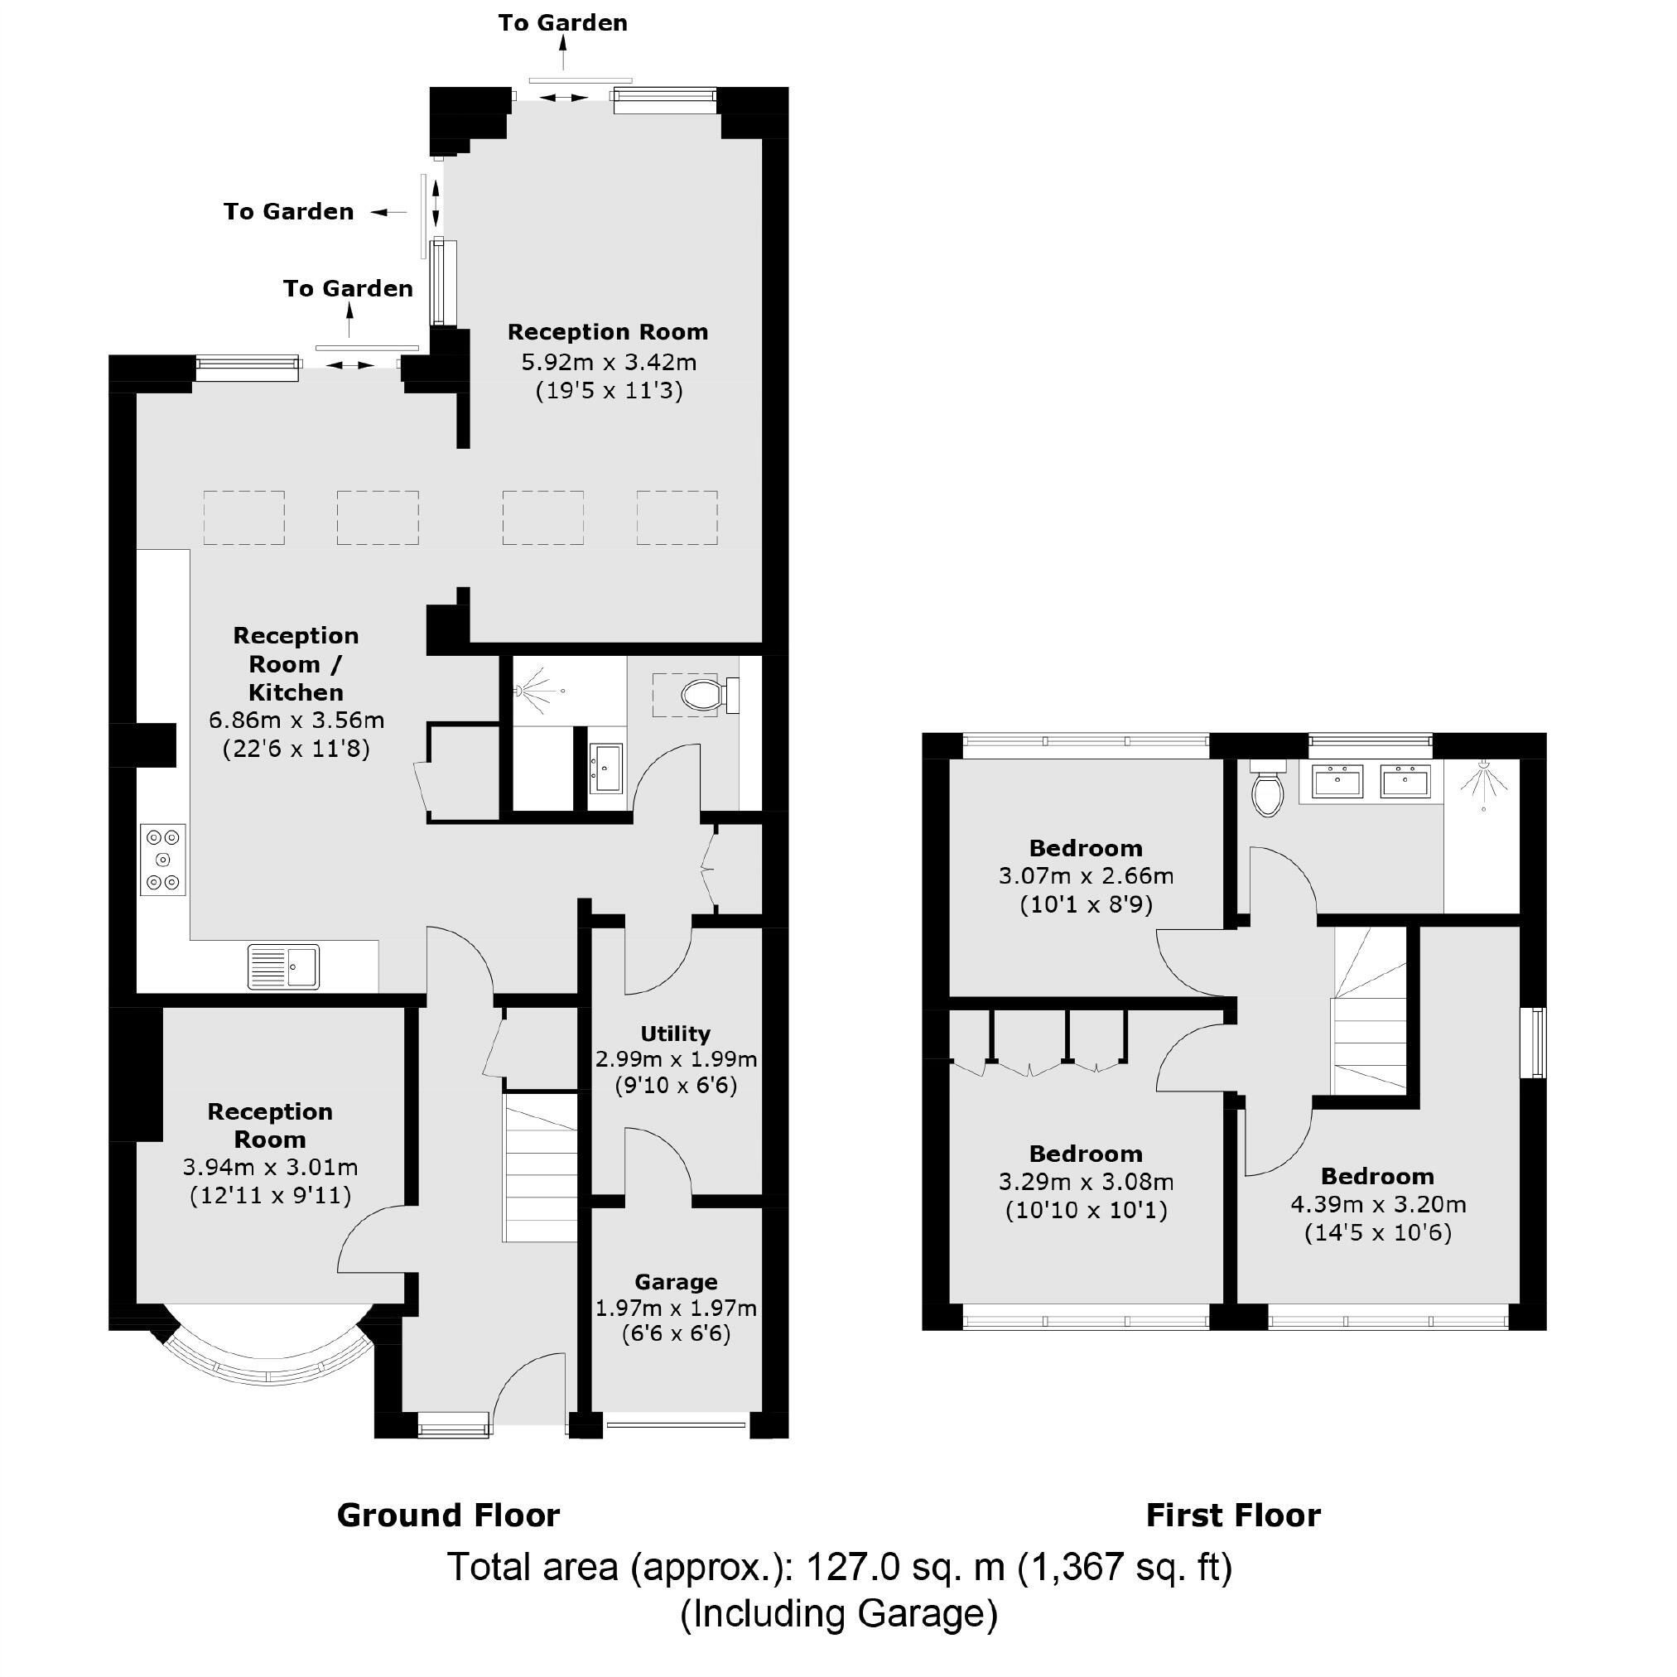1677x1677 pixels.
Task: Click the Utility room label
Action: (675, 1033)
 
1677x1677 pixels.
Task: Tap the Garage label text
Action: (675, 1281)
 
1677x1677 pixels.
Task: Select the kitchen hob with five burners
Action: (163, 860)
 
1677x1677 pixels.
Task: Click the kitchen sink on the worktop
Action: (284, 966)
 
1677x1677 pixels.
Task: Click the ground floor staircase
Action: (540, 1168)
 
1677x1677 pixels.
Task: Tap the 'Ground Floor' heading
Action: (448, 1515)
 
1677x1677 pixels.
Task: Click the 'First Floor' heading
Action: (1232, 1515)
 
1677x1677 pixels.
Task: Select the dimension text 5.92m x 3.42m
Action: (609, 362)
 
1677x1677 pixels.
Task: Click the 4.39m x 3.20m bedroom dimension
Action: (1377, 1204)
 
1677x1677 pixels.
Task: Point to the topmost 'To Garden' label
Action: (562, 23)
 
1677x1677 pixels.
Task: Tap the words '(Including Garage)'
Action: (838, 1613)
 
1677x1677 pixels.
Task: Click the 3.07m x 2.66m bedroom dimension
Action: (1086, 876)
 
